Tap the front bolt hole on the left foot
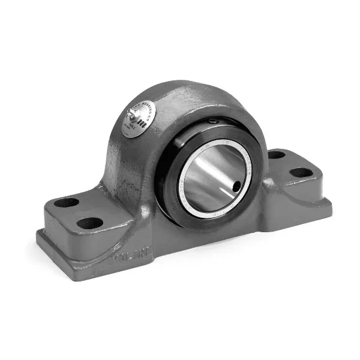[x=90, y=223]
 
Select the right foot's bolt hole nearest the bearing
[x=276, y=154]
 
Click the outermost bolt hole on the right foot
[x=301, y=172]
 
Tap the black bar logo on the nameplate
[x=143, y=124]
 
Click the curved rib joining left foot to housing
[x=117, y=198]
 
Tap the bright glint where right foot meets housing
[x=274, y=181]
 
